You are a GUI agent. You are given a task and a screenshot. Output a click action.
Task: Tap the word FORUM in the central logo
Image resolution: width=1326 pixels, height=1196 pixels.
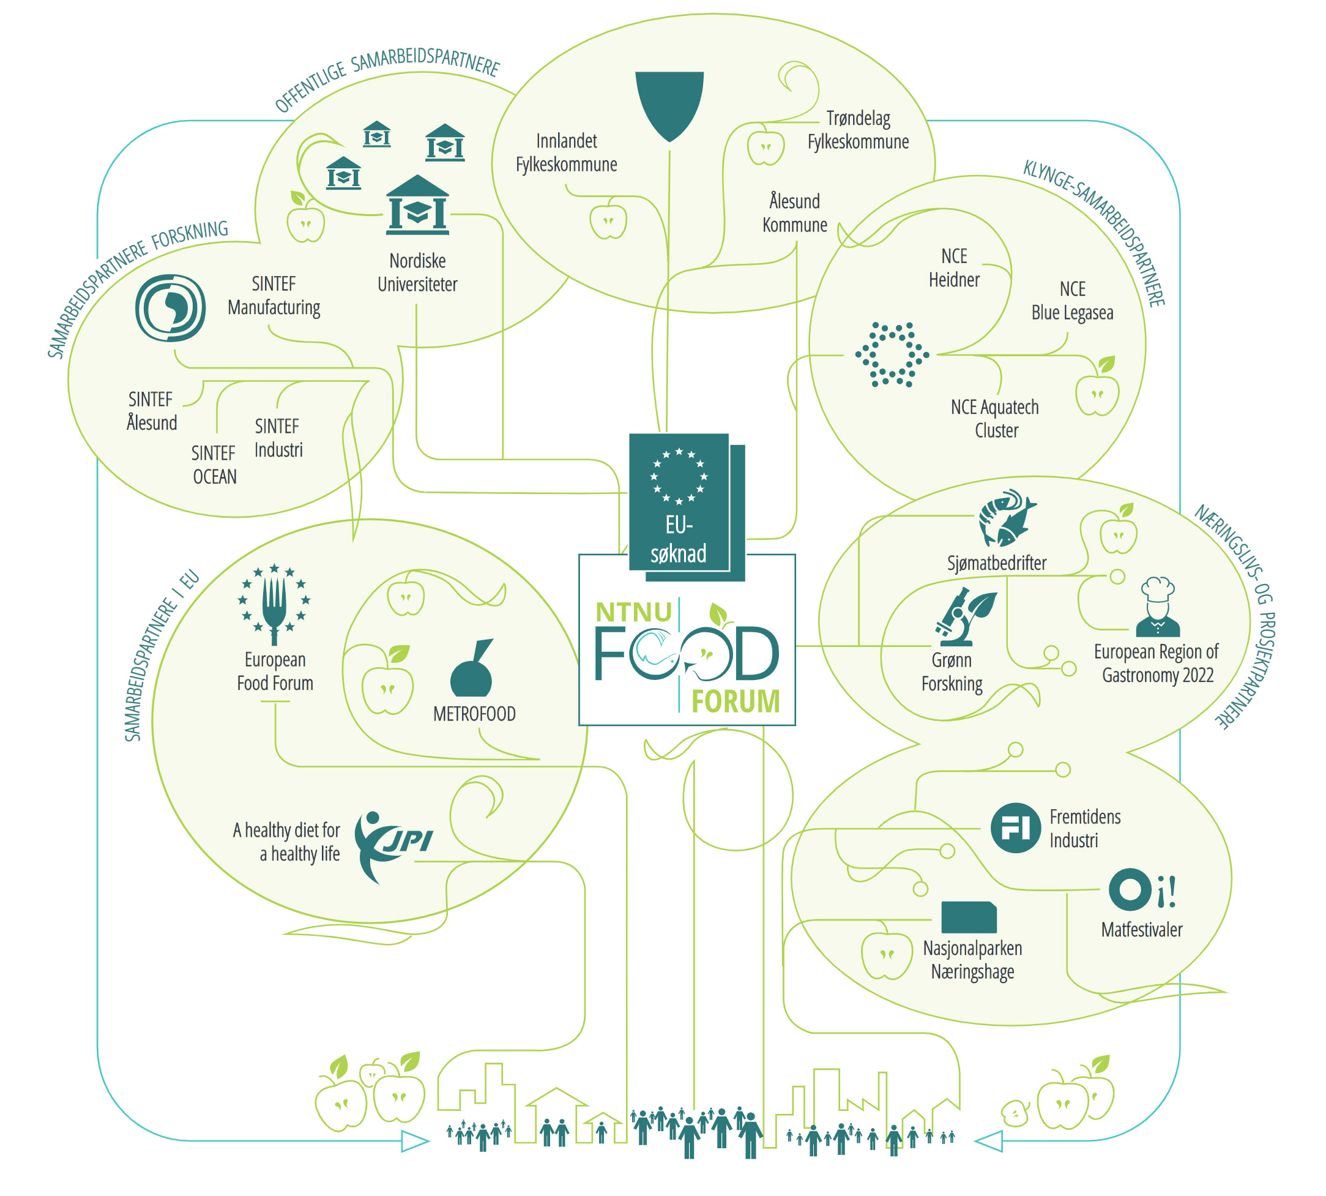click(x=735, y=701)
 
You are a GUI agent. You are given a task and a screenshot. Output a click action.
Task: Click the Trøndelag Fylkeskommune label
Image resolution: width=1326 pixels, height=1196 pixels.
click(x=857, y=130)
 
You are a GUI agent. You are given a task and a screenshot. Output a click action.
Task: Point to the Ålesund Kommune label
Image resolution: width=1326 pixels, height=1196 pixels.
click(x=794, y=213)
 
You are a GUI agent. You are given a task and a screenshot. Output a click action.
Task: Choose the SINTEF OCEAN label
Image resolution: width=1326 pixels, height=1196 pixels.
click(x=214, y=465)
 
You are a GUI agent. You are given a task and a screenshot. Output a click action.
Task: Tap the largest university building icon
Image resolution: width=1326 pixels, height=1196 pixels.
click(x=417, y=205)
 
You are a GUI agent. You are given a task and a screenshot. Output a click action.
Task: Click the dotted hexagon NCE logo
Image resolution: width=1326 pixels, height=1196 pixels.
click(x=892, y=354)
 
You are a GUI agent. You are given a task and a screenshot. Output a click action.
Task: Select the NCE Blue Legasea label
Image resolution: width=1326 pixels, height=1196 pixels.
click(x=1071, y=301)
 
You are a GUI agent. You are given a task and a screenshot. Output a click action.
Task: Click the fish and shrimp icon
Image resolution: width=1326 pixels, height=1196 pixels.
click(x=1005, y=518)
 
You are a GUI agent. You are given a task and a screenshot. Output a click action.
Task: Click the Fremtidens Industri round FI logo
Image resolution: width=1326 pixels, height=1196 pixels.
click(x=1015, y=828)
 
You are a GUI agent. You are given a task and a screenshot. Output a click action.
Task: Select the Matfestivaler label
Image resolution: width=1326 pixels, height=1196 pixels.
click(x=1141, y=929)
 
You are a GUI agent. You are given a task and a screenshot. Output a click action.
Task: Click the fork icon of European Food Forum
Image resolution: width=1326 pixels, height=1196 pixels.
click(x=274, y=605)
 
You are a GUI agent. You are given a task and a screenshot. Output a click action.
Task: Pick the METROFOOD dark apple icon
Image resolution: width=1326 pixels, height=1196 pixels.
click(x=471, y=670)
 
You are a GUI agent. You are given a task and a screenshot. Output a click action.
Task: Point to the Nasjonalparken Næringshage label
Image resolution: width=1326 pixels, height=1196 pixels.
click(x=972, y=959)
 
